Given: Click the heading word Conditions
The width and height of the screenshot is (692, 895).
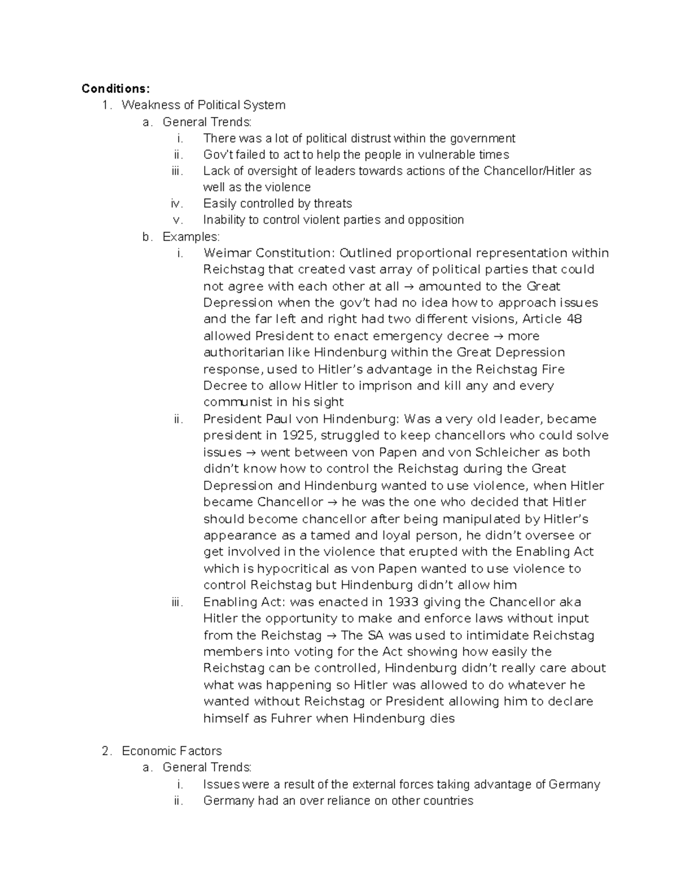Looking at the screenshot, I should [x=115, y=88].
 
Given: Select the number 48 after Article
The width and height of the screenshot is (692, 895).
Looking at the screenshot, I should [x=574, y=319].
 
